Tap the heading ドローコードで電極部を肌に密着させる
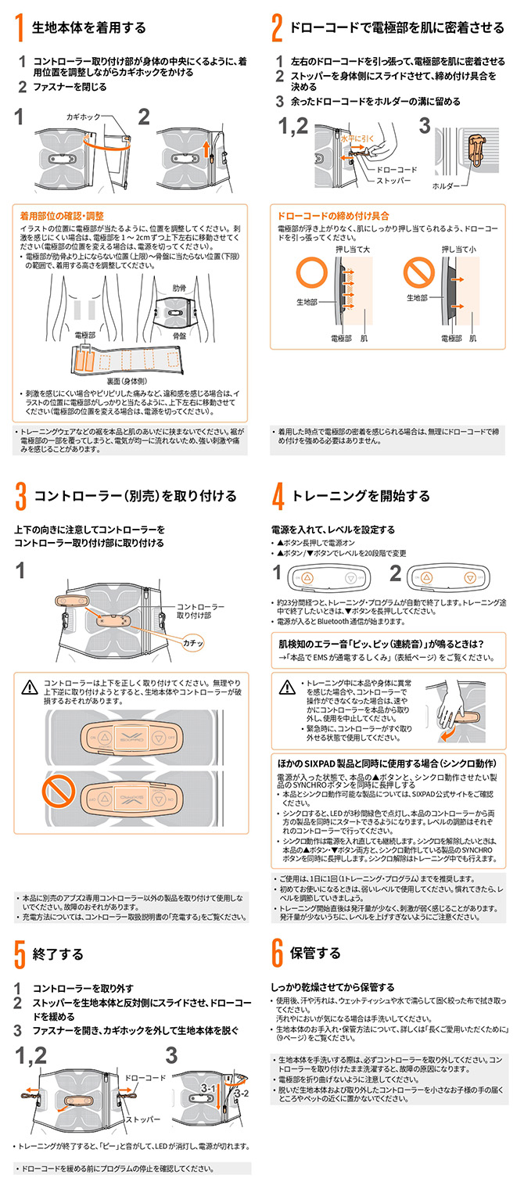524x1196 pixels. pos(397,28)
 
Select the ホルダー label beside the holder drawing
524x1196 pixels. pos(446,186)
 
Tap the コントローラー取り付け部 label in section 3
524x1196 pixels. pos(200,611)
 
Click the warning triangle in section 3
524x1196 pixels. pos(30,687)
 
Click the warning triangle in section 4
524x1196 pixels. pos(287,687)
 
